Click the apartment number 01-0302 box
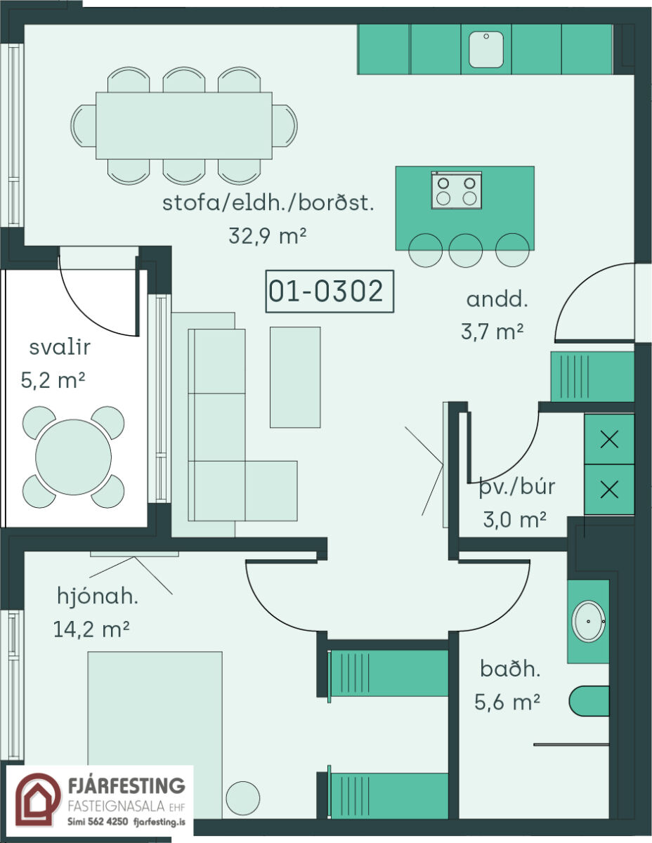click(330, 292)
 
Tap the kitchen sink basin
click(486, 50)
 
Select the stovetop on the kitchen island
click(457, 190)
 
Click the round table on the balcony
click(73, 457)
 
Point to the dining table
click(184, 125)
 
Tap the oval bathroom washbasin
click(588, 621)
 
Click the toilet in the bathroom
click(589, 701)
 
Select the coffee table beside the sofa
click(295, 377)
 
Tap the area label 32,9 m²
click(267, 236)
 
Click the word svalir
click(60, 347)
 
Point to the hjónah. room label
click(98, 596)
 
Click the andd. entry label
click(497, 299)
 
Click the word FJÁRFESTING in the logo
click(126, 785)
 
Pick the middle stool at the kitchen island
click(465, 250)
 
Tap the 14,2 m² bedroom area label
click(91, 629)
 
